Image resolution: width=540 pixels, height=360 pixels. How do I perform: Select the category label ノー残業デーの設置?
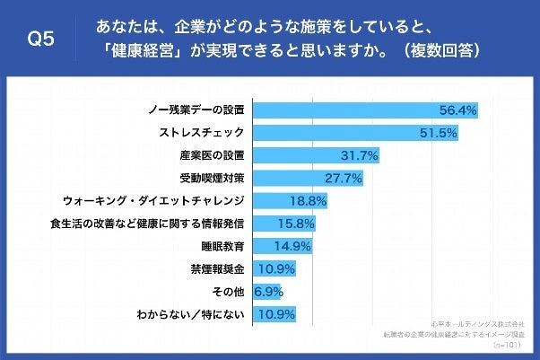pos(196,110)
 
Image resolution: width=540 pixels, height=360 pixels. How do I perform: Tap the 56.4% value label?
pos(456,110)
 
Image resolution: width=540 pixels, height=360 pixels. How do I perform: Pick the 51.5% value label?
pos(440,132)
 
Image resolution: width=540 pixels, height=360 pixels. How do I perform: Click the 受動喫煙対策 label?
pos(212,178)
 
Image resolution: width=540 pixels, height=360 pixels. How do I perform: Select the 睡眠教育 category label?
pos(223,245)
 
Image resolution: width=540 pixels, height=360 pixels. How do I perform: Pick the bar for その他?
pos(266,291)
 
